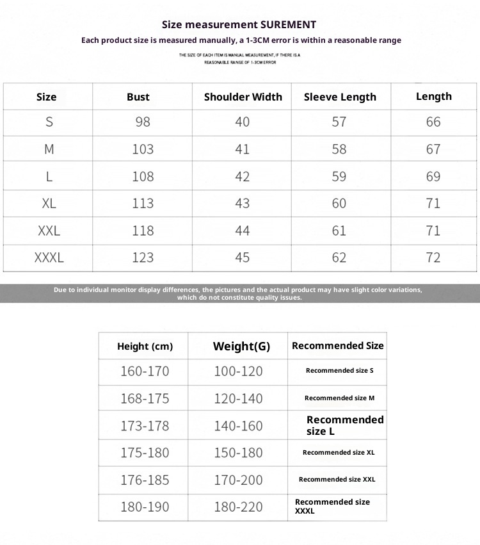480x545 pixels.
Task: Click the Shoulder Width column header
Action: coord(243,97)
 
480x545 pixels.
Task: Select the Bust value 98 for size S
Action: coord(143,122)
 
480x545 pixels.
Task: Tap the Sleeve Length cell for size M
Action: coord(339,149)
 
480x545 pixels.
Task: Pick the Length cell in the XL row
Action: coord(433,203)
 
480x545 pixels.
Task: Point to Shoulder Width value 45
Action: coord(243,257)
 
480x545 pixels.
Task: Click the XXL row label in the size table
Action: coord(49,231)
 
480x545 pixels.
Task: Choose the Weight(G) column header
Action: coord(241,346)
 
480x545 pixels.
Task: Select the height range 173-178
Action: coord(145,425)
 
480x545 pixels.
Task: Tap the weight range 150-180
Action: coord(238,453)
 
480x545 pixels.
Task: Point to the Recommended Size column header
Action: coord(337,346)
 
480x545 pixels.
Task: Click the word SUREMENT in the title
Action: coord(288,25)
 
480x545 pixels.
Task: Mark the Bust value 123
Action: coord(143,257)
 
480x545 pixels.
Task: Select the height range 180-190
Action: coord(145,507)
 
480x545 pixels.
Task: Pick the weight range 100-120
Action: coord(238,371)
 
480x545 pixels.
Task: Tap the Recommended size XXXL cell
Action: coord(332,506)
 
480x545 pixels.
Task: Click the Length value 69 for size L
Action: coord(433,176)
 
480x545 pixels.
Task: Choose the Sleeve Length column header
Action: coord(340,97)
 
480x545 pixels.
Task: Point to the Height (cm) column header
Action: coord(145,346)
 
